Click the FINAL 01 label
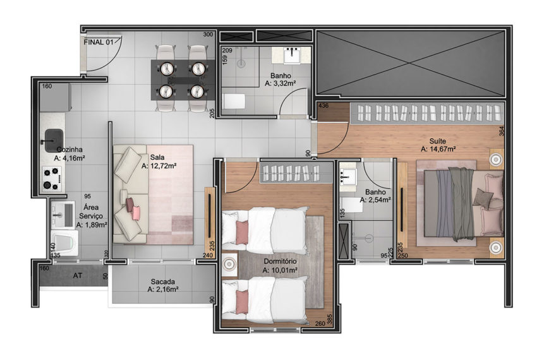click(99, 42)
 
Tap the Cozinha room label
click(69, 150)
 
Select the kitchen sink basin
click(54, 140)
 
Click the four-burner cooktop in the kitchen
click(52, 179)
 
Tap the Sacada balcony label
click(163, 282)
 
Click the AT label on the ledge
click(78, 275)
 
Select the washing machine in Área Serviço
click(64, 243)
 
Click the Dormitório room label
click(280, 261)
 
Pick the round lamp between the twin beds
click(229, 264)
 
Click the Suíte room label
click(438, 141)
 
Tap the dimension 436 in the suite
click(323, 105)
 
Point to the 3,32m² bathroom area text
click(280, 83)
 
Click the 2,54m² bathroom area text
click(375, 200)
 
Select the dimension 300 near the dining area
click(208, 35)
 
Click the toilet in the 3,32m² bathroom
click(234, 101)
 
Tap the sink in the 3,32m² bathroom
click(292, 55)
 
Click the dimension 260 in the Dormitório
click(320, 323)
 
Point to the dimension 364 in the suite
click(502, 131)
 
